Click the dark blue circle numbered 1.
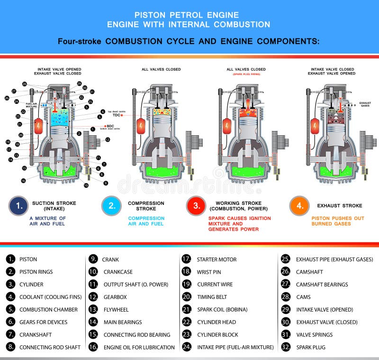(18, 206)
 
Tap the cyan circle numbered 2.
(111, 206)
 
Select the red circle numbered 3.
(196, 206)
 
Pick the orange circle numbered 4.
(299, 206)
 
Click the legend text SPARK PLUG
(311, 347)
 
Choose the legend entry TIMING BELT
(212, 297)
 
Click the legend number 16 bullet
(93, 347)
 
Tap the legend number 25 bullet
(285, 259)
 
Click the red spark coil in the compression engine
(141, 126)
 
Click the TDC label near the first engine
(116, 115)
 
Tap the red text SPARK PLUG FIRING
(247, 74)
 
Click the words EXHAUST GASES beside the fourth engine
(365, 104)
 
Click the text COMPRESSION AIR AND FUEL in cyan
(146, 221)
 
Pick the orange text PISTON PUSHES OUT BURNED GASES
(331, 221)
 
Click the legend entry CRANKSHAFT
(36, 334)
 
